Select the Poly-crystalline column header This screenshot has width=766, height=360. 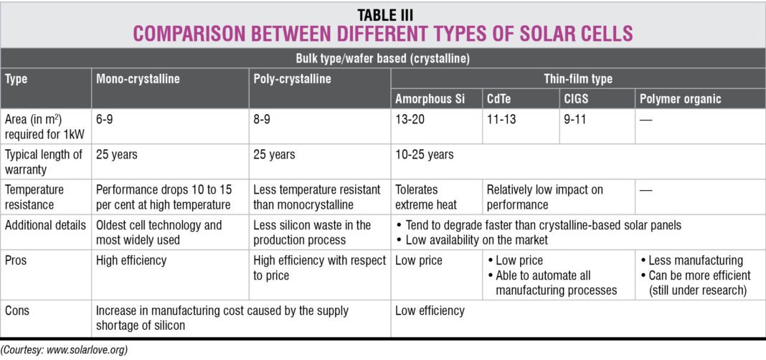(x=293, y=79)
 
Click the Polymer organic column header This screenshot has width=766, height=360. (x=680, y=99)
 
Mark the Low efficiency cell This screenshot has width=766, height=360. (x=430, y=311)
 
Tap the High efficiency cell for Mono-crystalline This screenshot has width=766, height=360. (x=131, y=260)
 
